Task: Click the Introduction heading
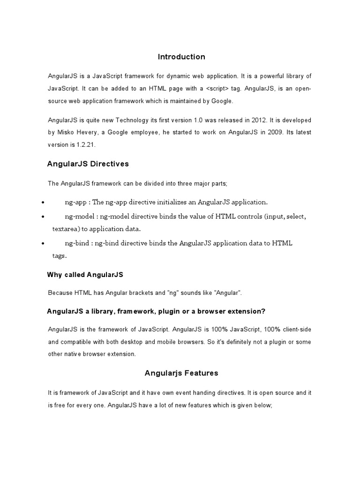[181, 57]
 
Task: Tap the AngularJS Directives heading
[88, 164]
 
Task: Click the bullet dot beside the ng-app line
[43, 203]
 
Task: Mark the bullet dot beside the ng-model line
[43, 217]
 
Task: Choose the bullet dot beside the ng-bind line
[43, 244]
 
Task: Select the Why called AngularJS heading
[85, 274]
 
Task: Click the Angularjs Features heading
[181, 374]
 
